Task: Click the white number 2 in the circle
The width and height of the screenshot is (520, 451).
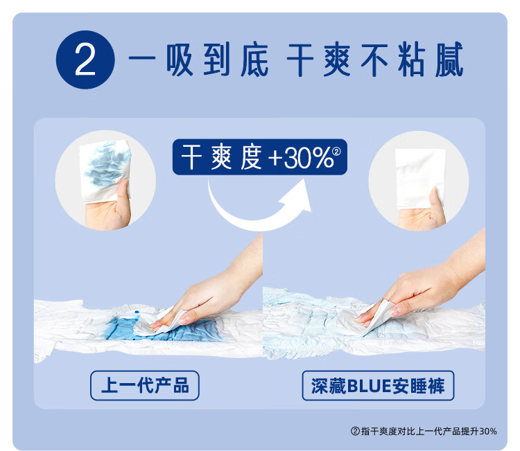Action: click(x=85, y=60)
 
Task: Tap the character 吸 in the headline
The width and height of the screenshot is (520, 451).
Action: click(x=180, y=60)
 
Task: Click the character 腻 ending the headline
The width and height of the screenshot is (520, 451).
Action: click(x=449, y=60)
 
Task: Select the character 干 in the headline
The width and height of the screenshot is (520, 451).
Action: click(x=300, y=60)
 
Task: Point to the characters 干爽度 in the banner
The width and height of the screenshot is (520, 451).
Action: click(x=221, y=157)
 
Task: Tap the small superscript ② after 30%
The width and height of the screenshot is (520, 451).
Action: click(x=336, y=152)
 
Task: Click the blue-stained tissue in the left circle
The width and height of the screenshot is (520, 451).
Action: click(x=106, y=170)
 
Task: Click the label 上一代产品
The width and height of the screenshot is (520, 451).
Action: click(x=145, y=385)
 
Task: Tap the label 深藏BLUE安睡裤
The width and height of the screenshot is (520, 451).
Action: click(x=378, y=386)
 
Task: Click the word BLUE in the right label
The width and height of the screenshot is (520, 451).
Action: click(x=369, y=386)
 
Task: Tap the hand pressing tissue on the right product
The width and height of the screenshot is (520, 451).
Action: click(x=428, y=282)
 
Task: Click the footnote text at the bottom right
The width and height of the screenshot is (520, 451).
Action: click(x=424, y=431)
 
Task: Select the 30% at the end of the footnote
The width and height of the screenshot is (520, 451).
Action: click(x=488, y=431)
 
